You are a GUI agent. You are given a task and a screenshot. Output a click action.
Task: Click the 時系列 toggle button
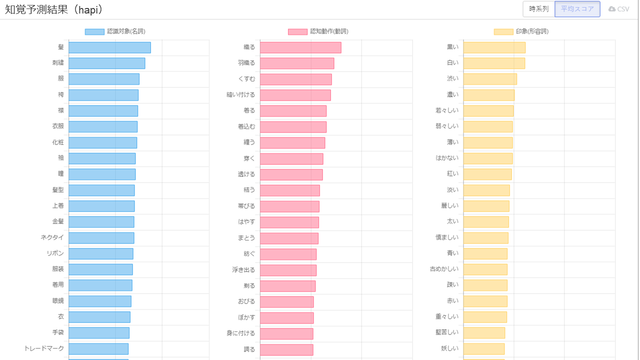point(538,9)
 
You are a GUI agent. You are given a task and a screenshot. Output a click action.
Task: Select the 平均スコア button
point(577,9)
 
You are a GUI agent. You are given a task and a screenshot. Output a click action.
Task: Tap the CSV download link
point(619,9)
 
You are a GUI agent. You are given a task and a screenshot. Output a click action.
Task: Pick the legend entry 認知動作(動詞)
point(318,31)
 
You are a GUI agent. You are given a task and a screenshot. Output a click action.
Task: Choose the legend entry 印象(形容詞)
point(521,31)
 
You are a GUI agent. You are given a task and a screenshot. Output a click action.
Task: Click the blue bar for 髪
point(109,47)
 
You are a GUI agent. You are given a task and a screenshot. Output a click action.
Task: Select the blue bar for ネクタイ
point(101,238)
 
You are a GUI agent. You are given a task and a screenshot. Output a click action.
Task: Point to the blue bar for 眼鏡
point(99,301)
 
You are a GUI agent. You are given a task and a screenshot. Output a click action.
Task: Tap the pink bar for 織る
point(300,47)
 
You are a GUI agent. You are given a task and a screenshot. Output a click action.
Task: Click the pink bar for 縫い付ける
point(295,95)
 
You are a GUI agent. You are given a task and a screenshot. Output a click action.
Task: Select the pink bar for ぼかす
point(286,317)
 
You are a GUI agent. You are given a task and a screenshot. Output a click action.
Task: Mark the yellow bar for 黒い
point(494,47)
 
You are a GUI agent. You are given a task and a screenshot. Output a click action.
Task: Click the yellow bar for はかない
point(487,158)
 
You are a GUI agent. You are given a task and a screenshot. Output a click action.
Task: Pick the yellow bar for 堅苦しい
point(484,333)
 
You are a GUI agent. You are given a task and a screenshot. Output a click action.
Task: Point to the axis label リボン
point(55,253)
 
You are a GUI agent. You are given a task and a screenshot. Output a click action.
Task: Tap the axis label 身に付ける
point(241,333)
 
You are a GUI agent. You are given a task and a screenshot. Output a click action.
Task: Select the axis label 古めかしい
point(444,269)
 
